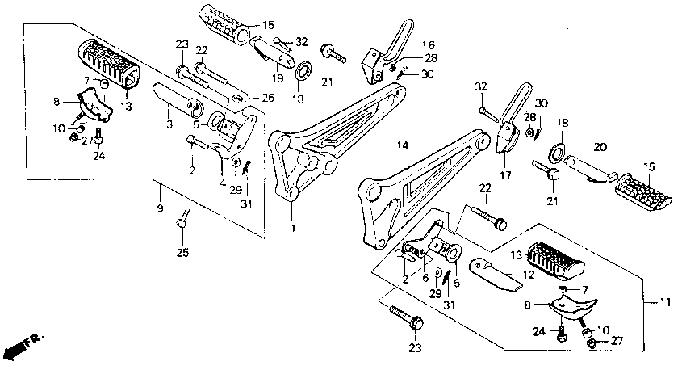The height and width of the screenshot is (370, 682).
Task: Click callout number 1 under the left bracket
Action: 293,229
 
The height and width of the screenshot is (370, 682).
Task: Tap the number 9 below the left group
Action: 159,208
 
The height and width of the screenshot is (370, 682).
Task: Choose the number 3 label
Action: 169,125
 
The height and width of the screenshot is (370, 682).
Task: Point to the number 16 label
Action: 427,45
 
